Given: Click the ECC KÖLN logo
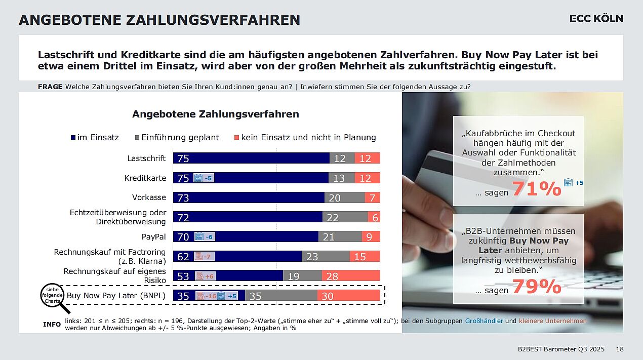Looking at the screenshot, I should (596, 19).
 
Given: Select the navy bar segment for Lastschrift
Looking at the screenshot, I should (251, 158).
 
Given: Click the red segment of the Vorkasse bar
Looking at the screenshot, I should (372, 197).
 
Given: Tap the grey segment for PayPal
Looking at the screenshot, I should (340, 236).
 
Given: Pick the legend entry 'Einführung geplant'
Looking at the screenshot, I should (177, 137).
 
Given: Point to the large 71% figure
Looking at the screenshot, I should (537, 189).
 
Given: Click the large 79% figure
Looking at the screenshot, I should (537, 287).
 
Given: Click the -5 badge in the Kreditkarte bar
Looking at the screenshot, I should (204, 178).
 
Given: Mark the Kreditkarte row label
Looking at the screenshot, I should (145, 178).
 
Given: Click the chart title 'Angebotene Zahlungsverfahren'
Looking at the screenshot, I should (215, 114).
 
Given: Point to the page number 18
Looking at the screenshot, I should (620, 349).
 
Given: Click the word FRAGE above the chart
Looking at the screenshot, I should (50, 87).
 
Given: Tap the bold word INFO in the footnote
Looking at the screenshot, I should (52, 324).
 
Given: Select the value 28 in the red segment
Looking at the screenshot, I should (332, 276).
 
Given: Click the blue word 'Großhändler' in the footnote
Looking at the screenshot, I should (484, 321).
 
